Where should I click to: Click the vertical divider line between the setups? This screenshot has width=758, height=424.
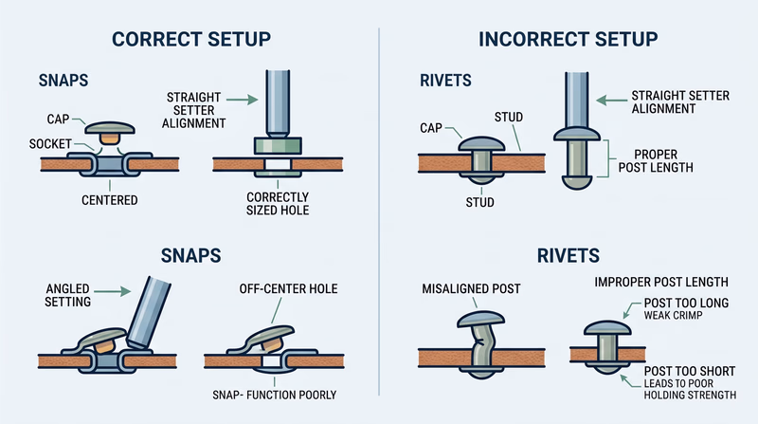[x=379, y=209]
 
